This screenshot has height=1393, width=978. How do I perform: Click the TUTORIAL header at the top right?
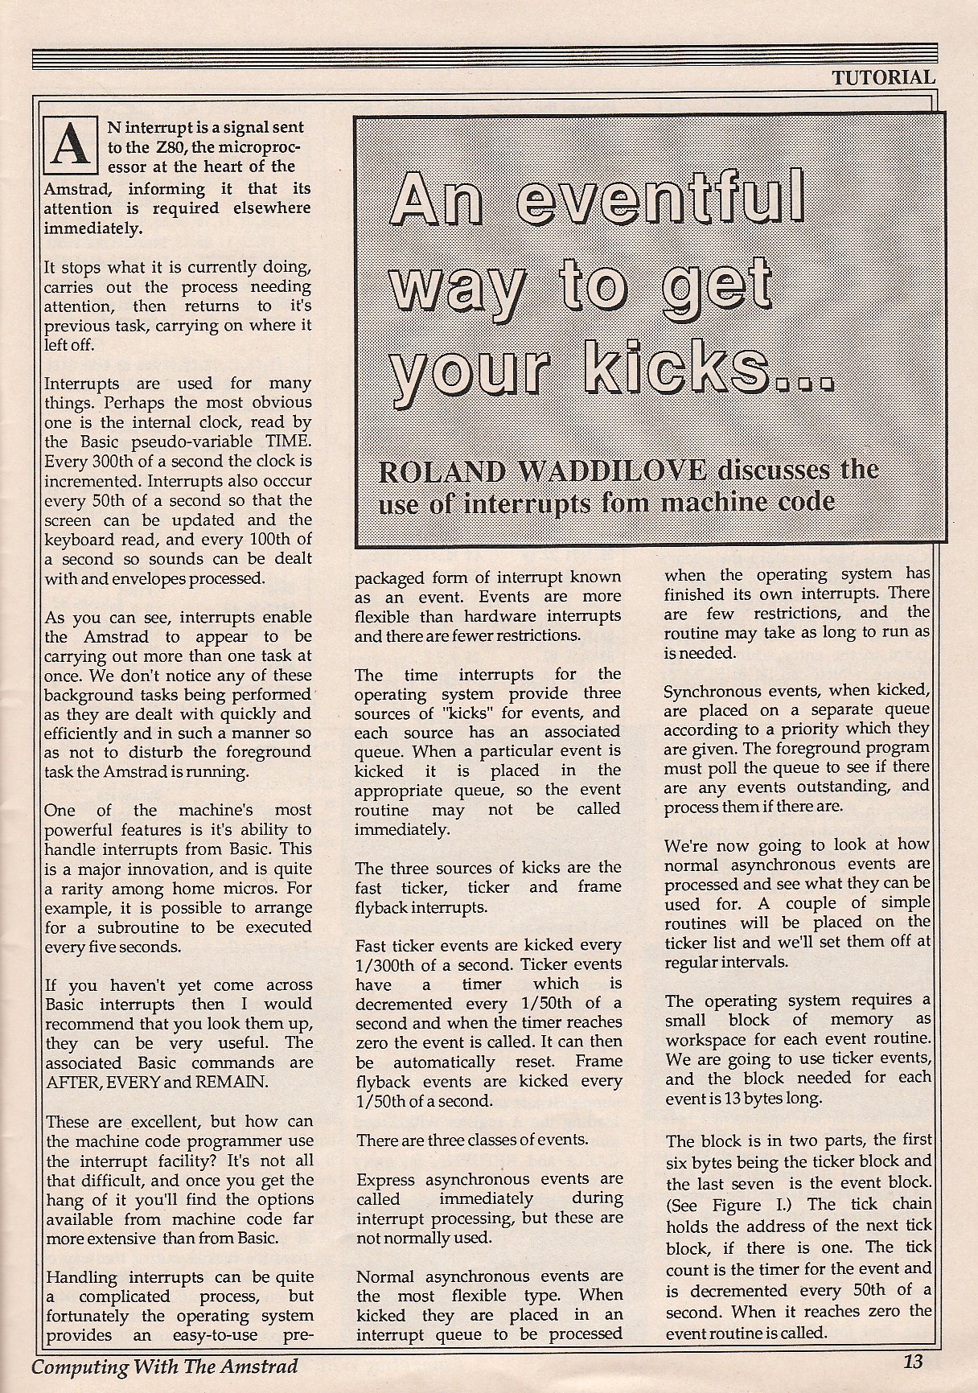(x=883, y=77)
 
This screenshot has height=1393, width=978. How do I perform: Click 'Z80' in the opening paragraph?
(x=183, y=148)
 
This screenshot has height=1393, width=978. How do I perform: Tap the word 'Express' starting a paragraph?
(x=387, y=1179)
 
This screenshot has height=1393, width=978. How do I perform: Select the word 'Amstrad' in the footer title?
(x=256, y=1366)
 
